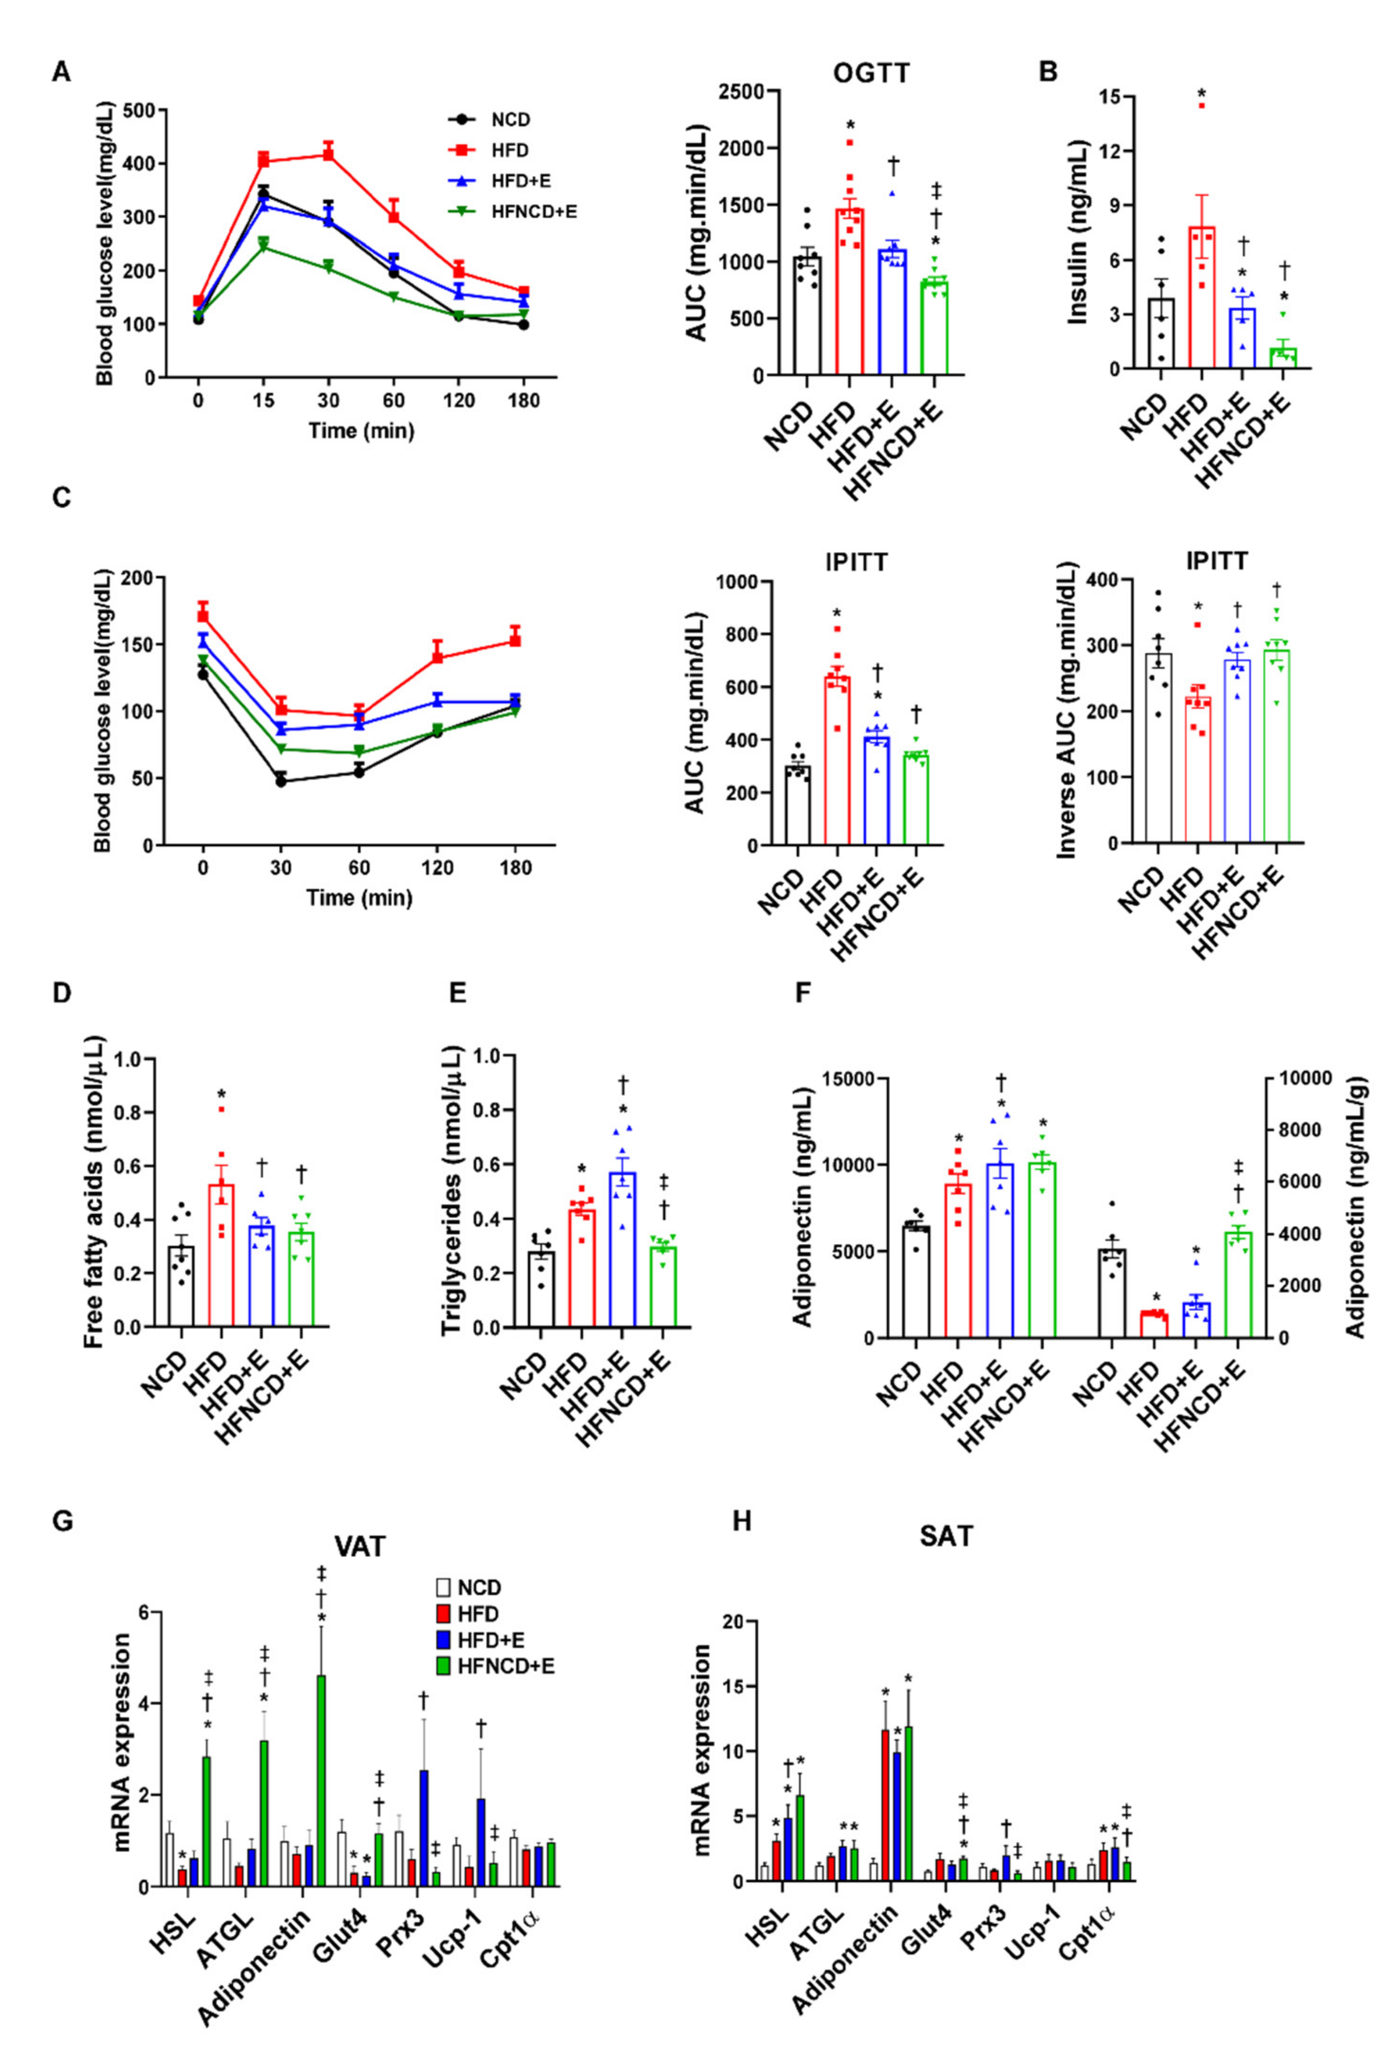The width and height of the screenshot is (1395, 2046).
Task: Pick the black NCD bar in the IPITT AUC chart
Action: (797, 805)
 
